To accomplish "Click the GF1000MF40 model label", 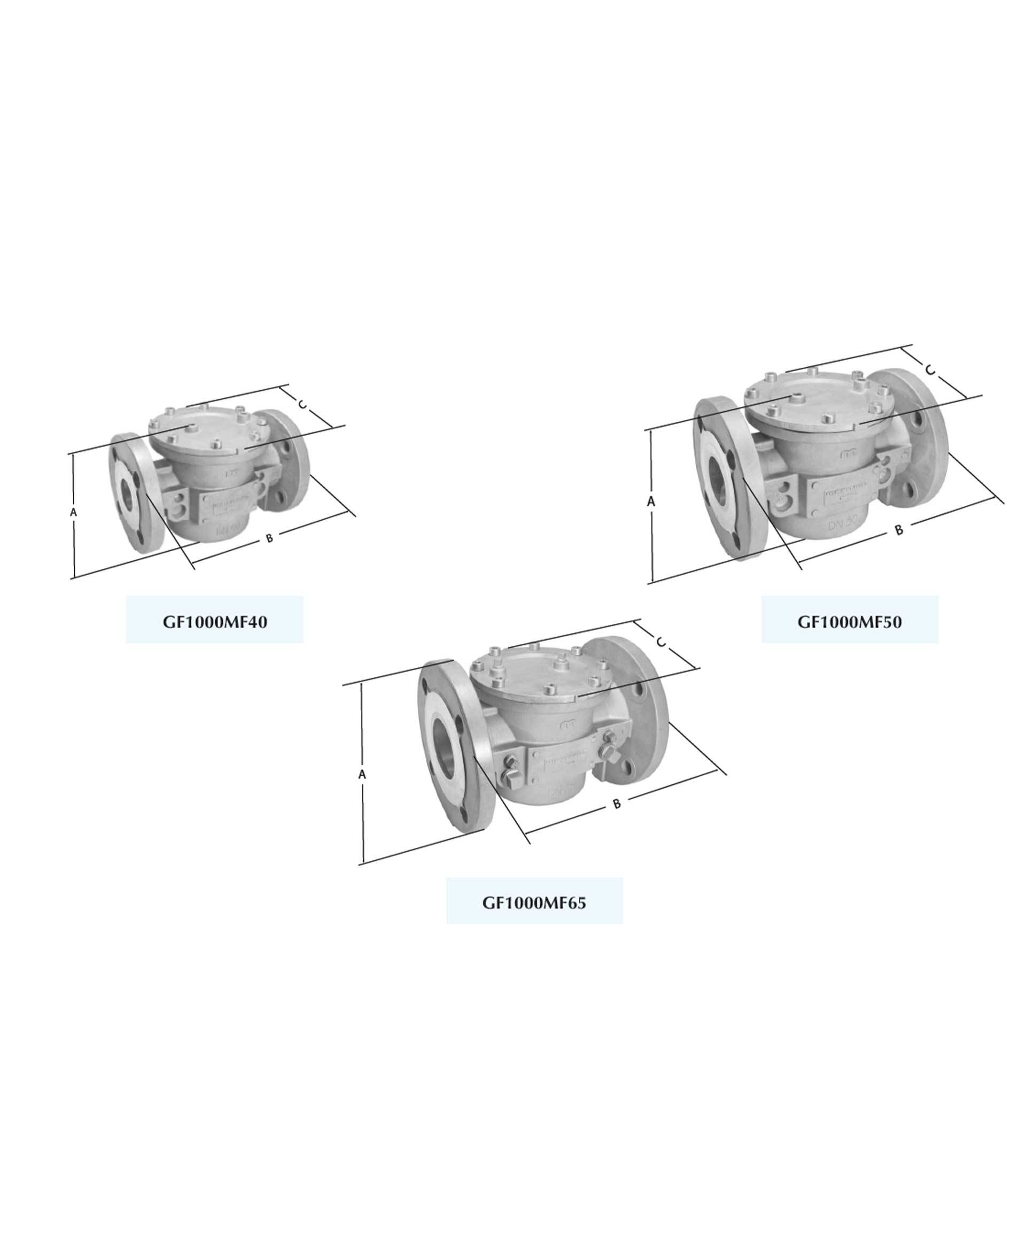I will pos(214,622).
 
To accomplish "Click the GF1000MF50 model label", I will pos(849,622).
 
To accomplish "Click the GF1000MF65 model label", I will pos(534,903).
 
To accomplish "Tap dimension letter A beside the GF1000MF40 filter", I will pos(73,513).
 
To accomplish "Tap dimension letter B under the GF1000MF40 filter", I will pos(269,538).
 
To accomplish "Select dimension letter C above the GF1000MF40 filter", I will pos(302,405).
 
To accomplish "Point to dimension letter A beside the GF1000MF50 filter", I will pos(651,502).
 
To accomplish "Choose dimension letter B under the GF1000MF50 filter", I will pos(899,530).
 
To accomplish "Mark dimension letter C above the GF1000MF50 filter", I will pos(930,371).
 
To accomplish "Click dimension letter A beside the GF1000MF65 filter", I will pos(362,775).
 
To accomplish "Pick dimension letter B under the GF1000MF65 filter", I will pos(617,804).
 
